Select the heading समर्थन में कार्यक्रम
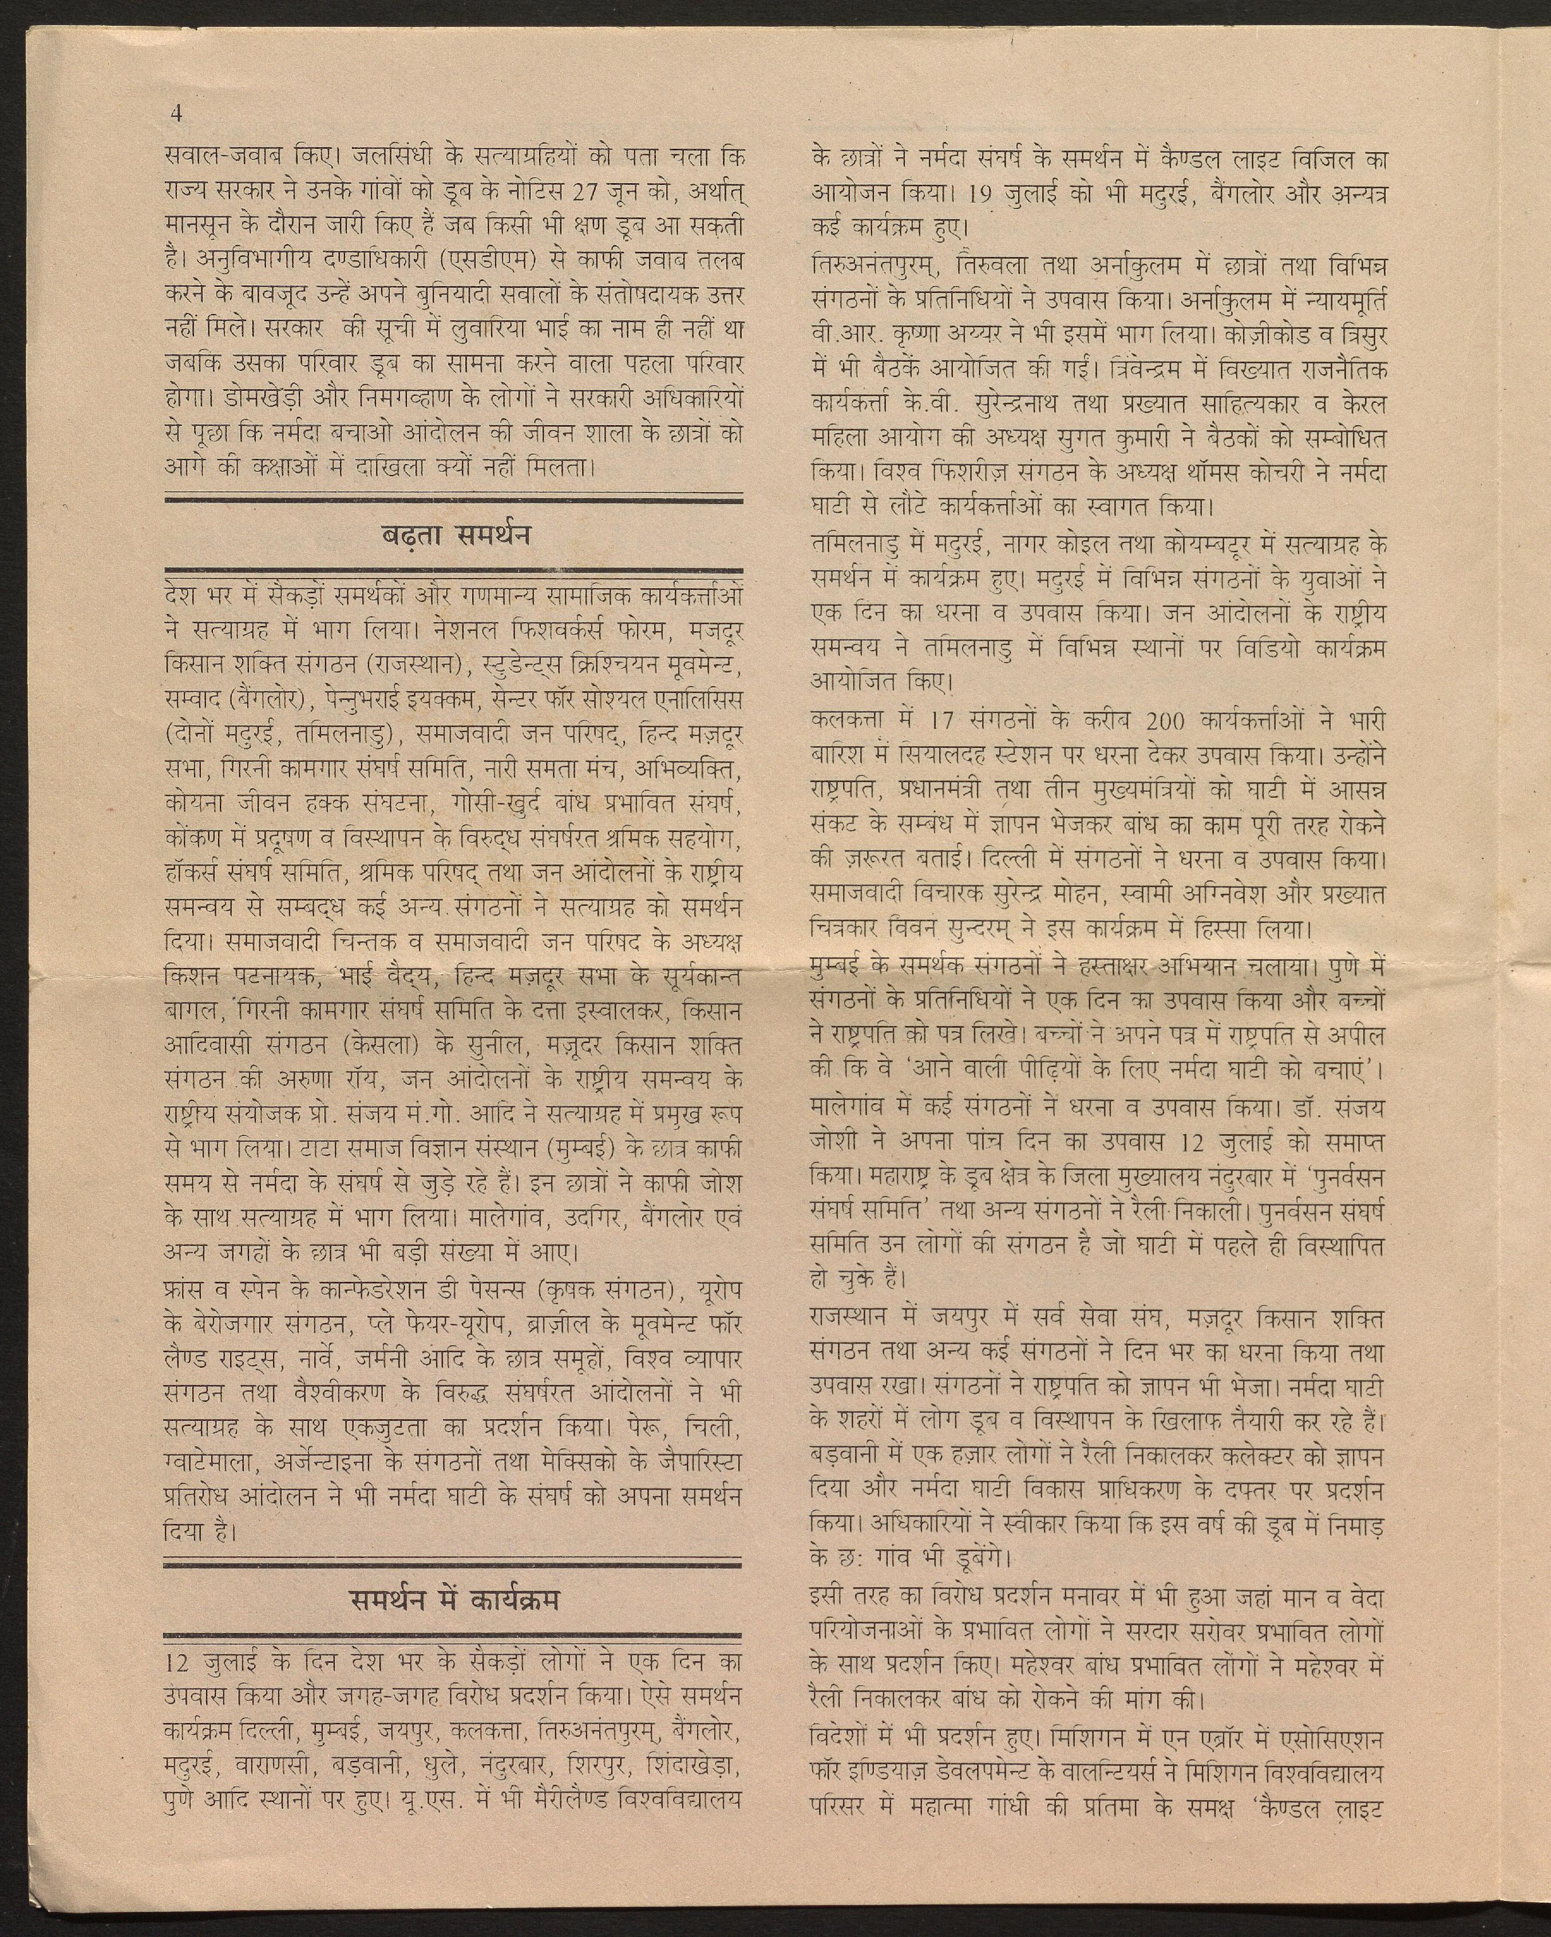[454, 1600]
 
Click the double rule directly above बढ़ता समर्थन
[454, 498]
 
